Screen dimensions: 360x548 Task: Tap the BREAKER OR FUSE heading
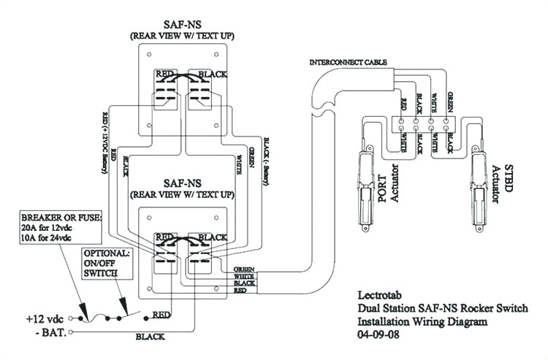point(62,218)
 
